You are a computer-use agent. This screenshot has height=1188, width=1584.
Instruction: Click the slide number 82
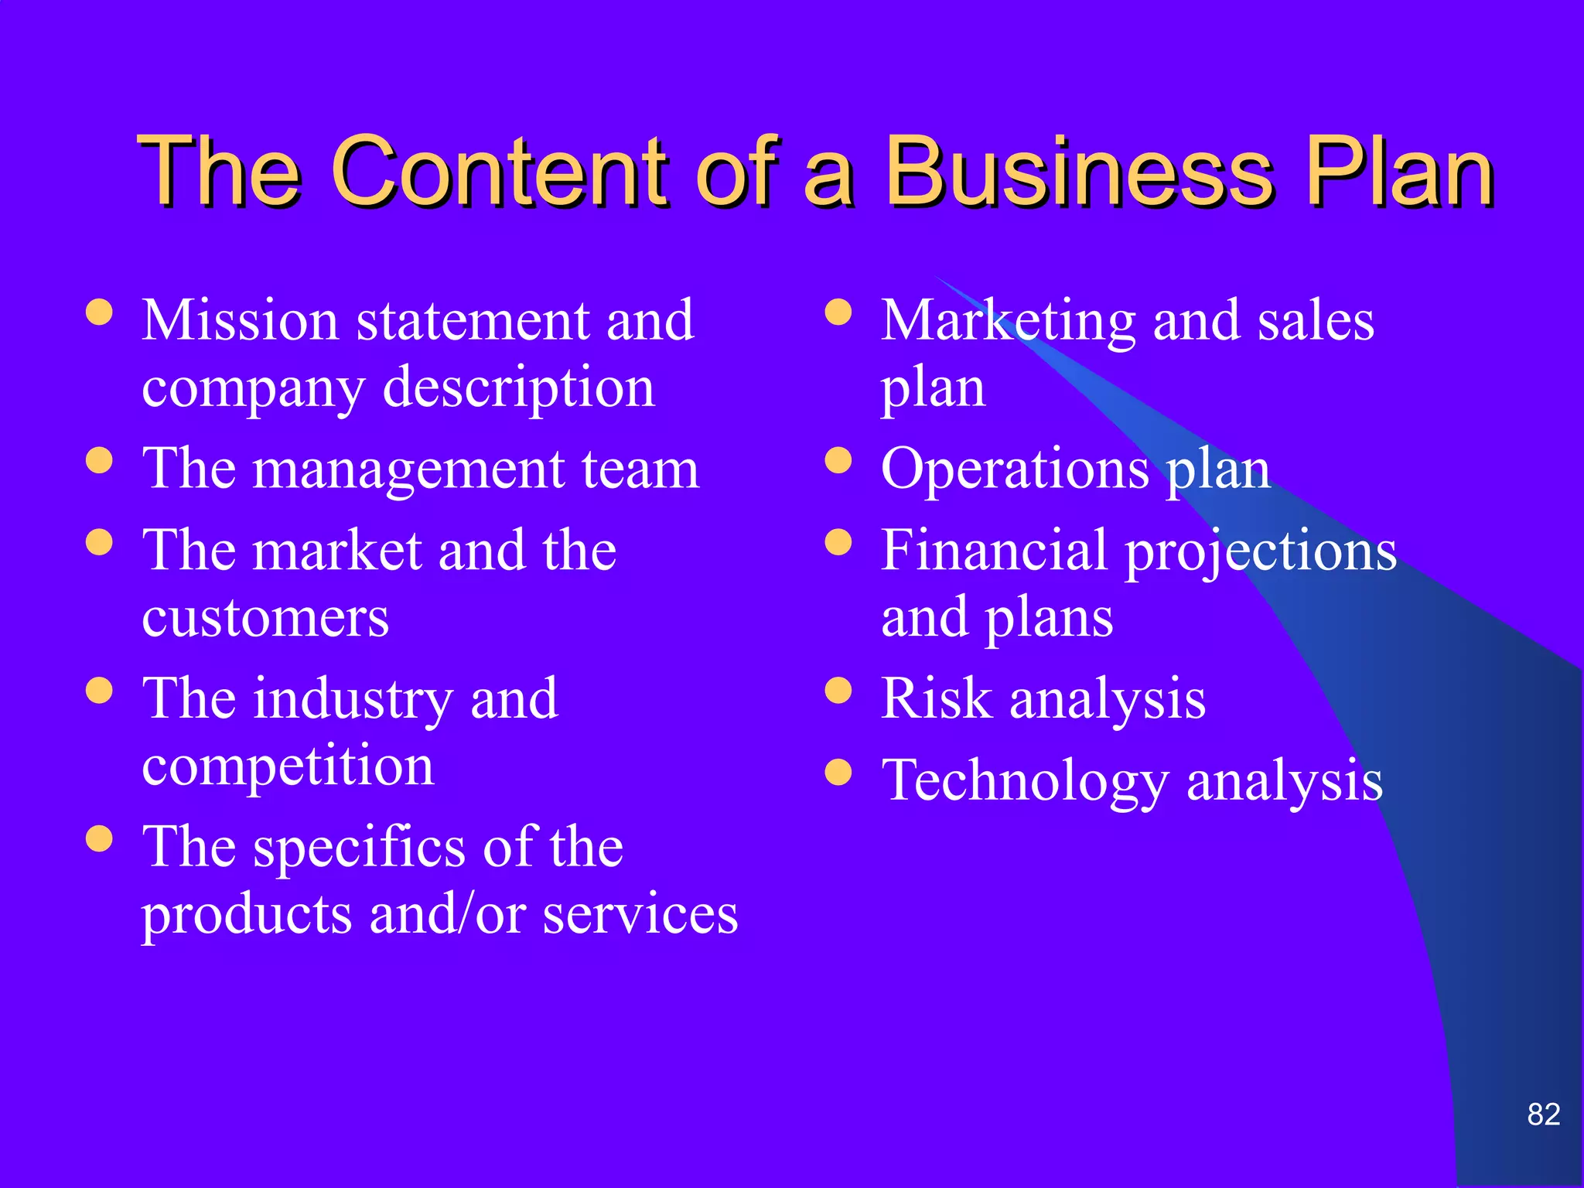tap(1544, 1115)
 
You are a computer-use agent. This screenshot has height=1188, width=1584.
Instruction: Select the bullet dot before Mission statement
tap(99, 312)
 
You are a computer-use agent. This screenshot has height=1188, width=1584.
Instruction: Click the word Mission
tap(241, 320)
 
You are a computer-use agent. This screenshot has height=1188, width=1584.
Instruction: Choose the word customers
tap(265, 619)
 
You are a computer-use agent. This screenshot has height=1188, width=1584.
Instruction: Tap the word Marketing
tap(1008, 322)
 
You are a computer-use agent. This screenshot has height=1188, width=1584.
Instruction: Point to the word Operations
tap(1015, 469)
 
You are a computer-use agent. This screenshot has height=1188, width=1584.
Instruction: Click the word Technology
tap(1026, 782)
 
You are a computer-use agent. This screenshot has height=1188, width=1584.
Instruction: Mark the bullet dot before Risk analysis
tap(838, 690)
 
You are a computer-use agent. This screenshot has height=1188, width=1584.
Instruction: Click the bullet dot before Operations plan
tap(838, 461)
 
